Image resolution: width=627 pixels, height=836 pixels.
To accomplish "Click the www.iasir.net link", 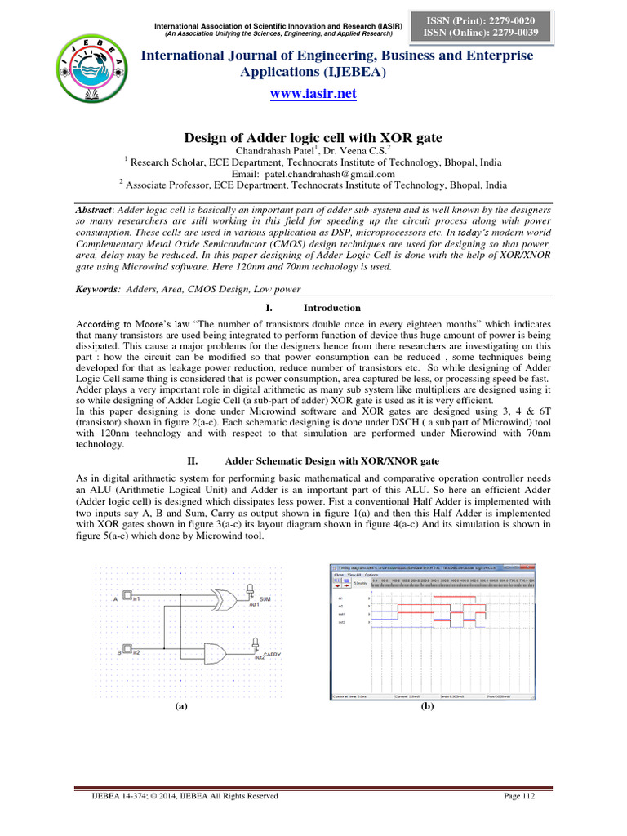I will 313,94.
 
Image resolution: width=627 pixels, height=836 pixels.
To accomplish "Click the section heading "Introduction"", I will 331,308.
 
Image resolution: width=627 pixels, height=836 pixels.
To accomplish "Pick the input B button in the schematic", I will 127,651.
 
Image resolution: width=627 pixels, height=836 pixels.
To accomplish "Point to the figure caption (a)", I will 181,708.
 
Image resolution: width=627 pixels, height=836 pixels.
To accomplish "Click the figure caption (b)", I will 426,707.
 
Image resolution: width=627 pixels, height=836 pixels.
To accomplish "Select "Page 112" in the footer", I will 519,796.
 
